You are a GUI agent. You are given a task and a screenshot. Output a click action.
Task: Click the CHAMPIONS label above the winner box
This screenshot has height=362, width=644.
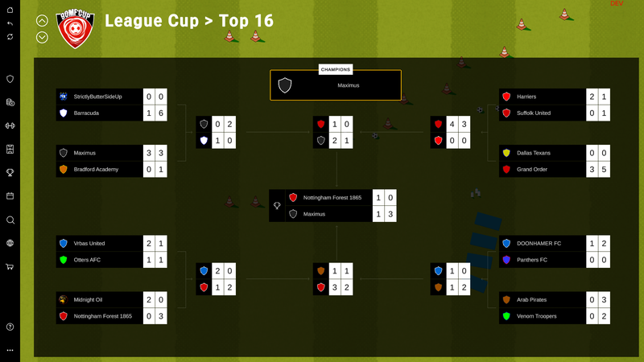click(336, 70)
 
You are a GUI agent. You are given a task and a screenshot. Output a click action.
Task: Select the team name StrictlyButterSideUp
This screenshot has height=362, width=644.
click(97, 97)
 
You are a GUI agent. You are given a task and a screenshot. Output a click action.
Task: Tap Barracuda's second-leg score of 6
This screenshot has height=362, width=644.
click(161, 113)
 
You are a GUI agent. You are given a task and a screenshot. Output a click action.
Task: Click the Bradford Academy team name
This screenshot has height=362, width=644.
click(96, 170)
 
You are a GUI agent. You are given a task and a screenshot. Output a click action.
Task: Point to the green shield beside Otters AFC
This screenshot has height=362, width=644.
click(64, 260)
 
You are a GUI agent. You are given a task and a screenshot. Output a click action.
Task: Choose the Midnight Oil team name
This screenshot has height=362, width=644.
click(88, 300)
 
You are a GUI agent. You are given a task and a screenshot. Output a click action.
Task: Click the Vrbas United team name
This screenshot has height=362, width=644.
click(89, 244)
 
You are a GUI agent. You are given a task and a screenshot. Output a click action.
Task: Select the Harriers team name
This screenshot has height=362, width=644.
click(526, 97)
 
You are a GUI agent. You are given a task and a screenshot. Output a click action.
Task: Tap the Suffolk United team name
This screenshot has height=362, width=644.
click(534, 113)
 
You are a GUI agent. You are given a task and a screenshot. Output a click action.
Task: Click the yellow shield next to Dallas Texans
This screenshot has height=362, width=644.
click(506, 153)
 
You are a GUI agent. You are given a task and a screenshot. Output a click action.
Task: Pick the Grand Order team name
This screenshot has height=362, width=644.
click(532, 170)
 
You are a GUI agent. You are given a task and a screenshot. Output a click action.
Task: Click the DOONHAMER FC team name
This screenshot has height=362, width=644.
click(539, 244)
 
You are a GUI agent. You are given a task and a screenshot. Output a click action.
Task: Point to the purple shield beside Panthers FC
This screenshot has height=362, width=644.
click(506, 260)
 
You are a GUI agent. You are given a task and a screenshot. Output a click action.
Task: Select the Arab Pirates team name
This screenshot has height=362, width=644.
click(531, 300)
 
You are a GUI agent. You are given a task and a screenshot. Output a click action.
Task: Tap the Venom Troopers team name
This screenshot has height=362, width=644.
click(536, 316)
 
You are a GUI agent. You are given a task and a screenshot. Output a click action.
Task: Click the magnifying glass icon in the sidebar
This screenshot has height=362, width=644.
click(10, 220)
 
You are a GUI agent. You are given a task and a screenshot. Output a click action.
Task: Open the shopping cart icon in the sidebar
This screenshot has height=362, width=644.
click(10, 266)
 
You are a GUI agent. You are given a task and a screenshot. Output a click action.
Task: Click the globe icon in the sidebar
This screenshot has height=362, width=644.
click(10, 243)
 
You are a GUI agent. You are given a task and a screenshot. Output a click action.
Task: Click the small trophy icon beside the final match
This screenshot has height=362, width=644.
click(277, 206)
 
